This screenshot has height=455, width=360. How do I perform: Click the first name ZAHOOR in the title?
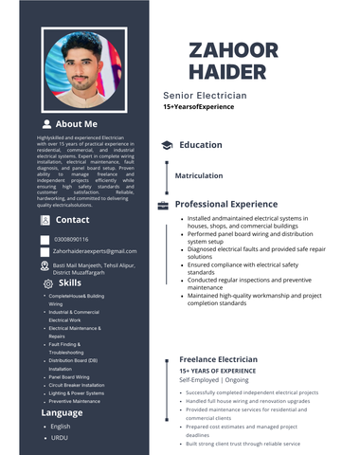[x=233, y=51]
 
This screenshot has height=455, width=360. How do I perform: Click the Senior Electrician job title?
[x=205, y=96]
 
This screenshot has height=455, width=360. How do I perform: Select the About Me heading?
[x=76, y=124]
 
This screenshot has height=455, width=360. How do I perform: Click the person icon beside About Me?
[x=46, y=124]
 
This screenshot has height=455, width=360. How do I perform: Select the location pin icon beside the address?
[x=44, y=268]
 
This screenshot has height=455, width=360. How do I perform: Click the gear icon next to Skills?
[x=48, y=283]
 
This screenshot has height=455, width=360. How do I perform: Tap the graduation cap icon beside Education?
[x=166, y=145]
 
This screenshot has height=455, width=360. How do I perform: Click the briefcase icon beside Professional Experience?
[x=163, y=205]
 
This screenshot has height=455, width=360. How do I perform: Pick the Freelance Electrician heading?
[x=218, y=360]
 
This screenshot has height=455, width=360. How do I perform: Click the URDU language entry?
[x=60, y=438]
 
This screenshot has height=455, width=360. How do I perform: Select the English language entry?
[x=61, y=427]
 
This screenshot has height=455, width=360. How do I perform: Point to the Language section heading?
[x=62, y=413]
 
